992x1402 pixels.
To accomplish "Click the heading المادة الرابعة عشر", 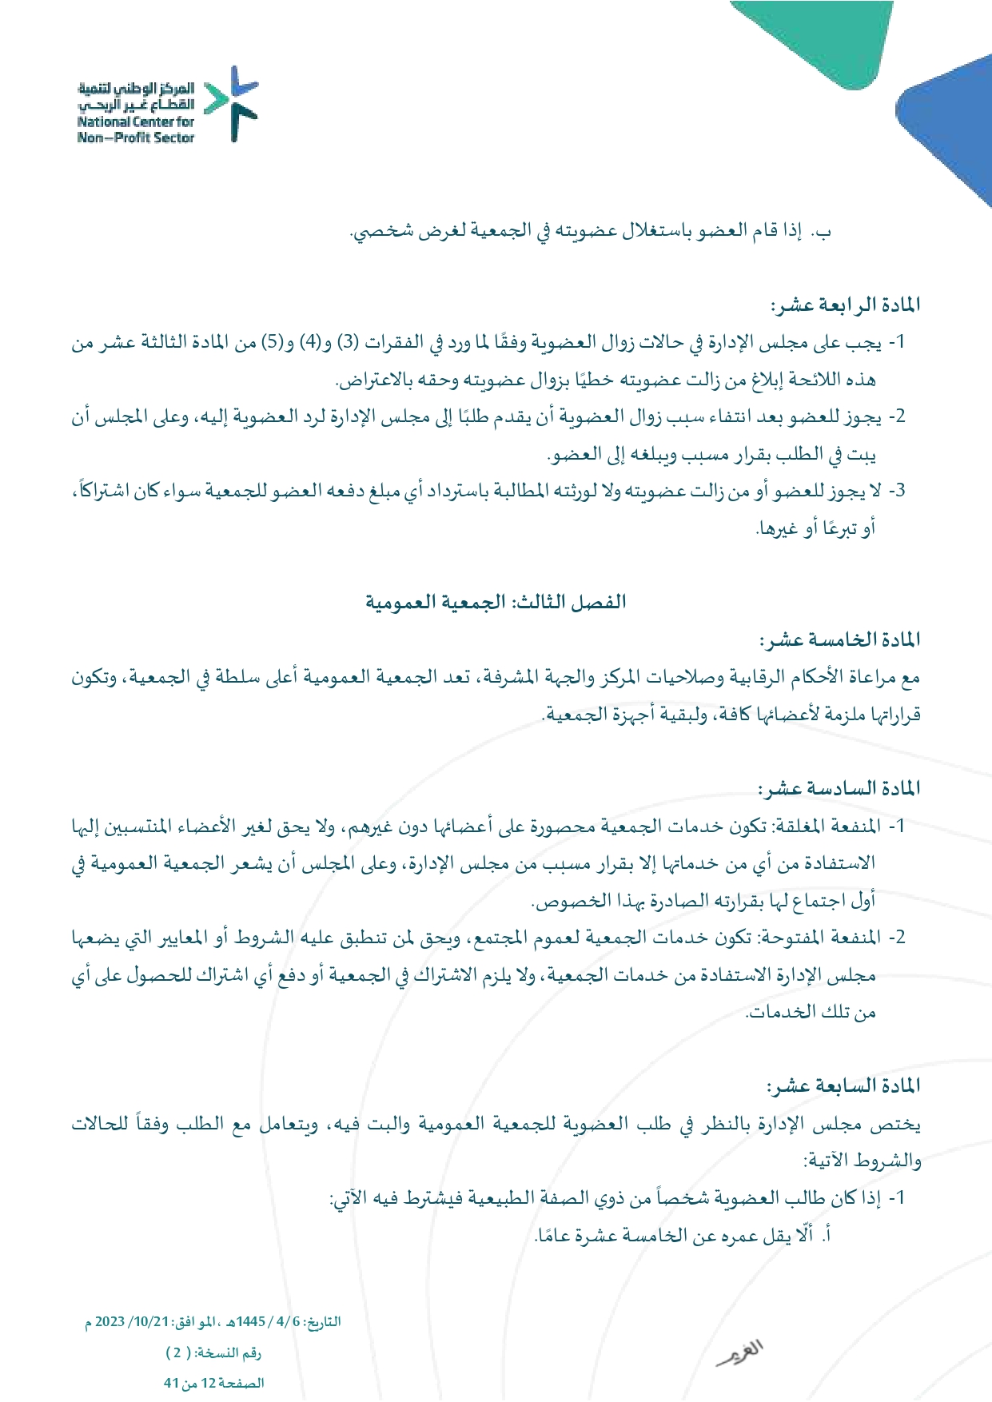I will pyautogui.click(x=844, y=305).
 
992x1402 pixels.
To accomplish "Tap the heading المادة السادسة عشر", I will pyautogui.click(x=839, y=788).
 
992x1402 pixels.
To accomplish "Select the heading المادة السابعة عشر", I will pyautogui.click(x=843, y=1086).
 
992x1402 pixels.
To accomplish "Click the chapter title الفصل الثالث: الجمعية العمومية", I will pyautogui.click(x=496, y=602).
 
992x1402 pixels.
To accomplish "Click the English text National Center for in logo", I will pyautogui.click(x=136, y=122).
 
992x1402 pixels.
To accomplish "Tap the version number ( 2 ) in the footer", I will pyautogui.click(x=178, y=1352).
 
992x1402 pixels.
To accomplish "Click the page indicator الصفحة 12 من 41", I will pyautogui.click(x=213, y=1383).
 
